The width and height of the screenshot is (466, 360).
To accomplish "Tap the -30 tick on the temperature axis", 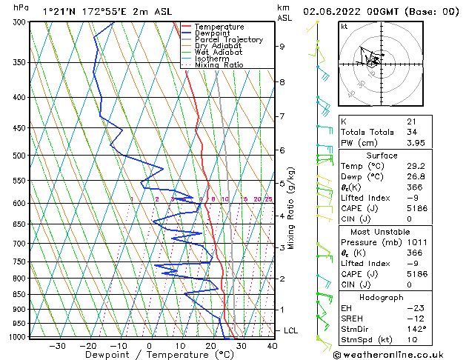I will (57, 345).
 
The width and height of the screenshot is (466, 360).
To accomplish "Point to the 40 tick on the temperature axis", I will (272, 345).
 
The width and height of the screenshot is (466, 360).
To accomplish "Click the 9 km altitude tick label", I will (282, 46).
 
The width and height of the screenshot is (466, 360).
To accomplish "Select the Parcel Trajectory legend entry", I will (228, 40).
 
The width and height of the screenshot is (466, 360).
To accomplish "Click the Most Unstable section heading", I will (397, 230).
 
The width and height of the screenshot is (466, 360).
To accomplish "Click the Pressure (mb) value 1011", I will (416, 241).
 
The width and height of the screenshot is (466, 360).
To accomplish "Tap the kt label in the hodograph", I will (344, 26).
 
